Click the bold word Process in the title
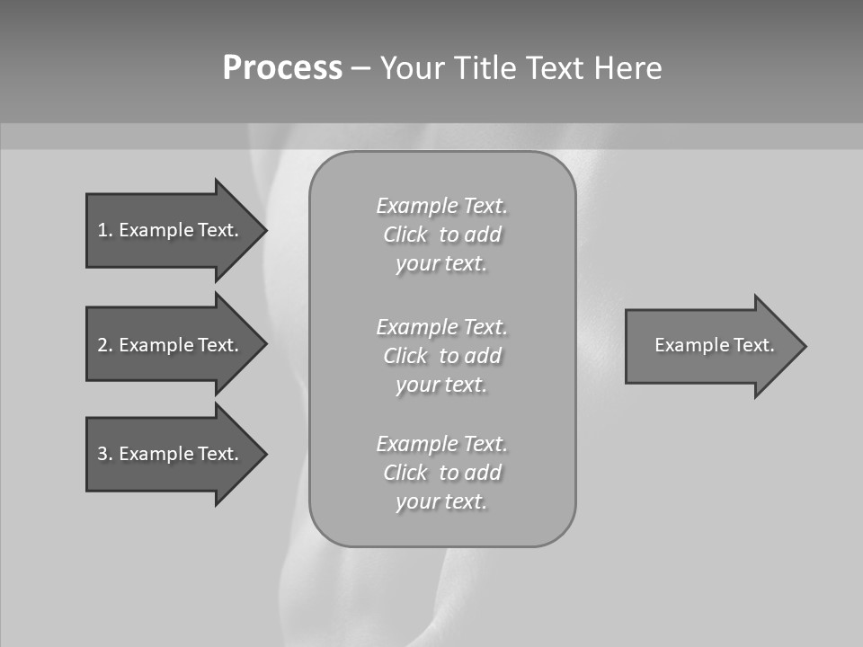pos(282,67)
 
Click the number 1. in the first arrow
pos(104,230)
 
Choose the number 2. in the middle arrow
pos(104,345)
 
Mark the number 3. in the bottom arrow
pos(104,454)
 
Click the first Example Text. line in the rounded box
pos(441,206)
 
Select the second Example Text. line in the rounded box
pos(441,326)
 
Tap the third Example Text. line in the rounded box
pos(441,444)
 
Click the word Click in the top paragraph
pos(405,235)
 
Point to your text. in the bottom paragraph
pos(441,501)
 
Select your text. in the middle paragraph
pos(441,385)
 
